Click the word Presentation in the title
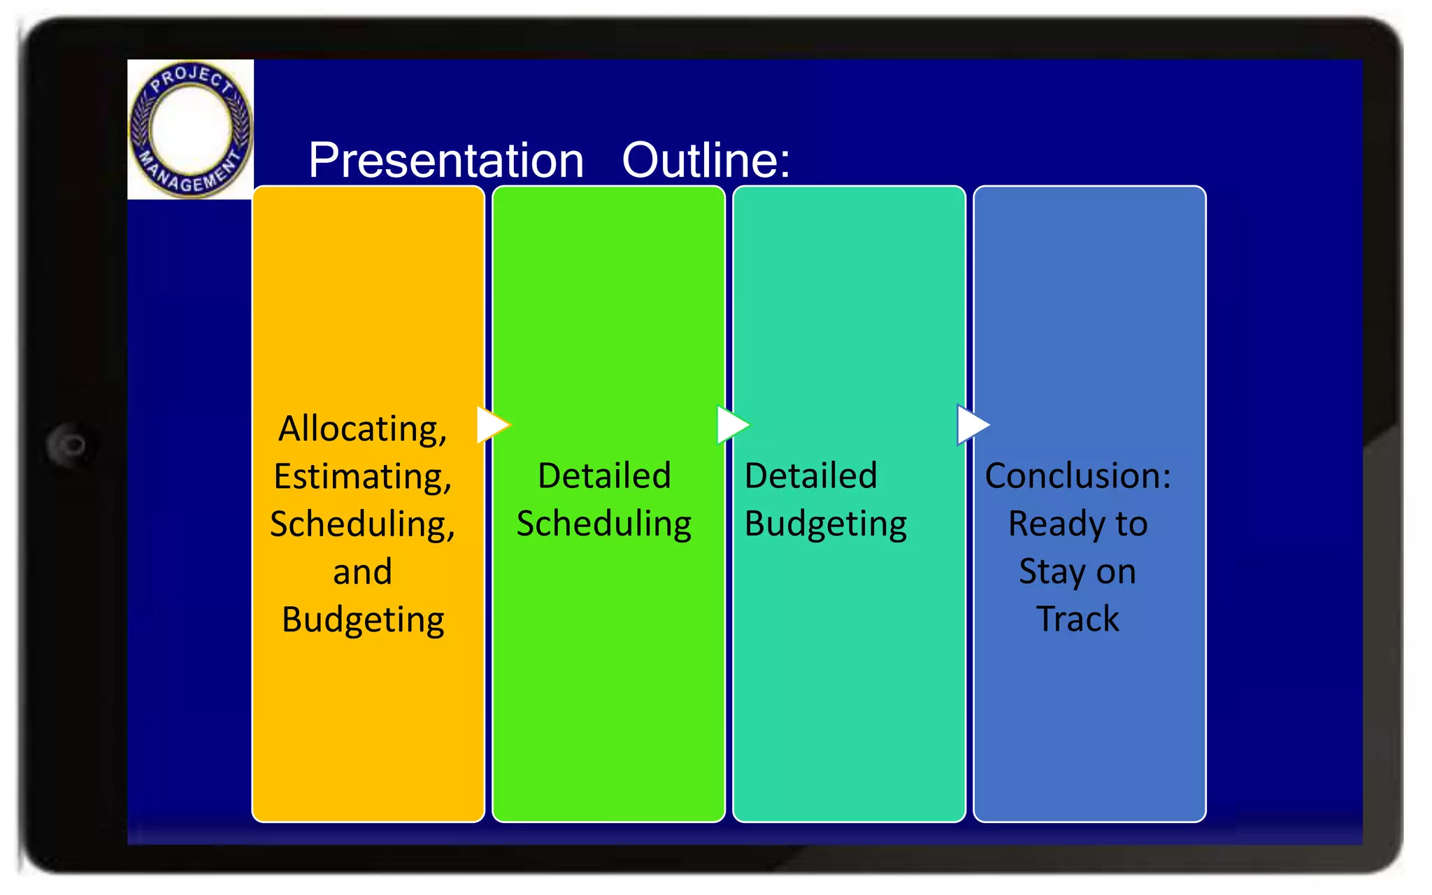[446, 160]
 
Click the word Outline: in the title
[706, 160]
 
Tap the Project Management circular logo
[190, 129]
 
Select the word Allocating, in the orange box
[362, 428]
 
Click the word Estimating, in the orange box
[362, 476]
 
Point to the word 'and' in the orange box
[362, 571]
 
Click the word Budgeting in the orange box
[362, 620]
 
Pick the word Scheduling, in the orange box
[362, 524]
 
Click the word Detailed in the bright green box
[604, 475]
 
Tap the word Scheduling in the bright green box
[604, 524]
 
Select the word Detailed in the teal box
[810, 475]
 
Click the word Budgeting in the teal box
[825, 524]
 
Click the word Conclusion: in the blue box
[1077, 475]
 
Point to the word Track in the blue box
[1077, 619]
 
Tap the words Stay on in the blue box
[1077, 571]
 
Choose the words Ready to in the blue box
[1077, 524]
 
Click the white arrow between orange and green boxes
[492, 424]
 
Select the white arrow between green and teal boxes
[731, 424]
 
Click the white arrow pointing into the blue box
[971, 424]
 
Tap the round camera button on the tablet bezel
[70, 445]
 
